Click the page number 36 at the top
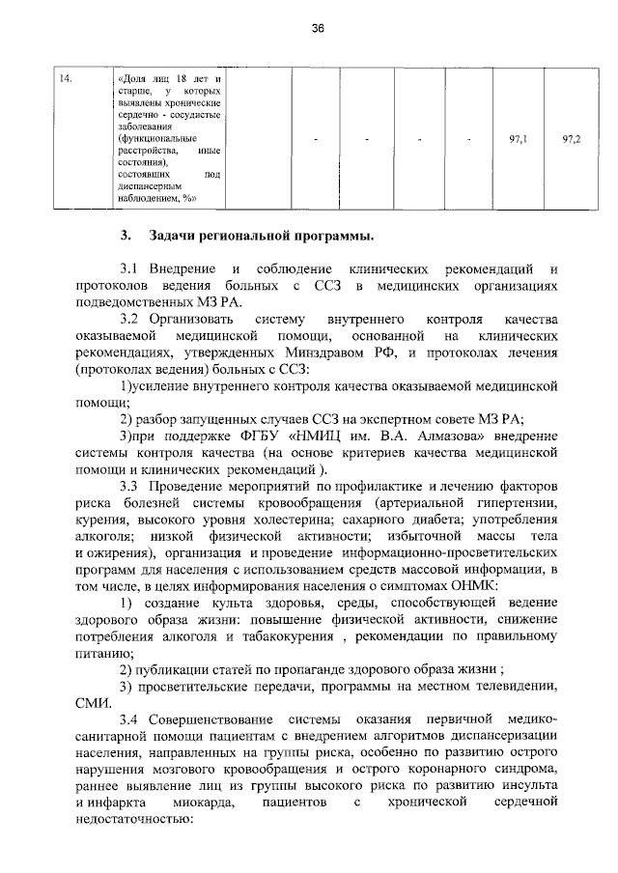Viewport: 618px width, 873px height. pos(317,29)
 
